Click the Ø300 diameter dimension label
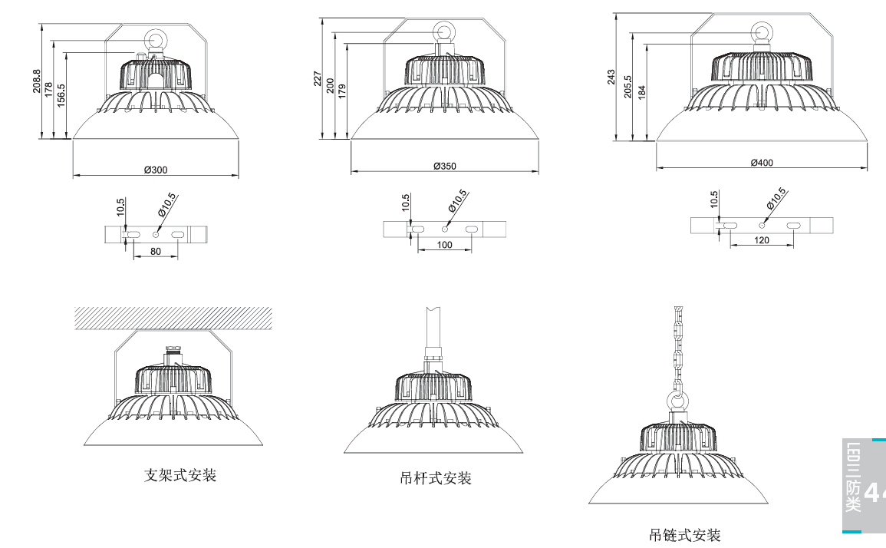[156, 170]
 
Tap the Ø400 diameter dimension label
[762, 162]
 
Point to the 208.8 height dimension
[37, 81]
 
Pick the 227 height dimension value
[318, 78]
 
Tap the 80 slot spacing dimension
[156, 251]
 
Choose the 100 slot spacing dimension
[445, 246]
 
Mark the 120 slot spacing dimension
[762, 240]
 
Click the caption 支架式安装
[181, 475]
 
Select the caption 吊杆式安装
[436, 478]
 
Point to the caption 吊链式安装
[685, 535]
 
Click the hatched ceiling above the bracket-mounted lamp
[173, 318]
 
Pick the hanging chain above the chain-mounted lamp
[677, 345]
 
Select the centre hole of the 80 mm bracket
[156, 233]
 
